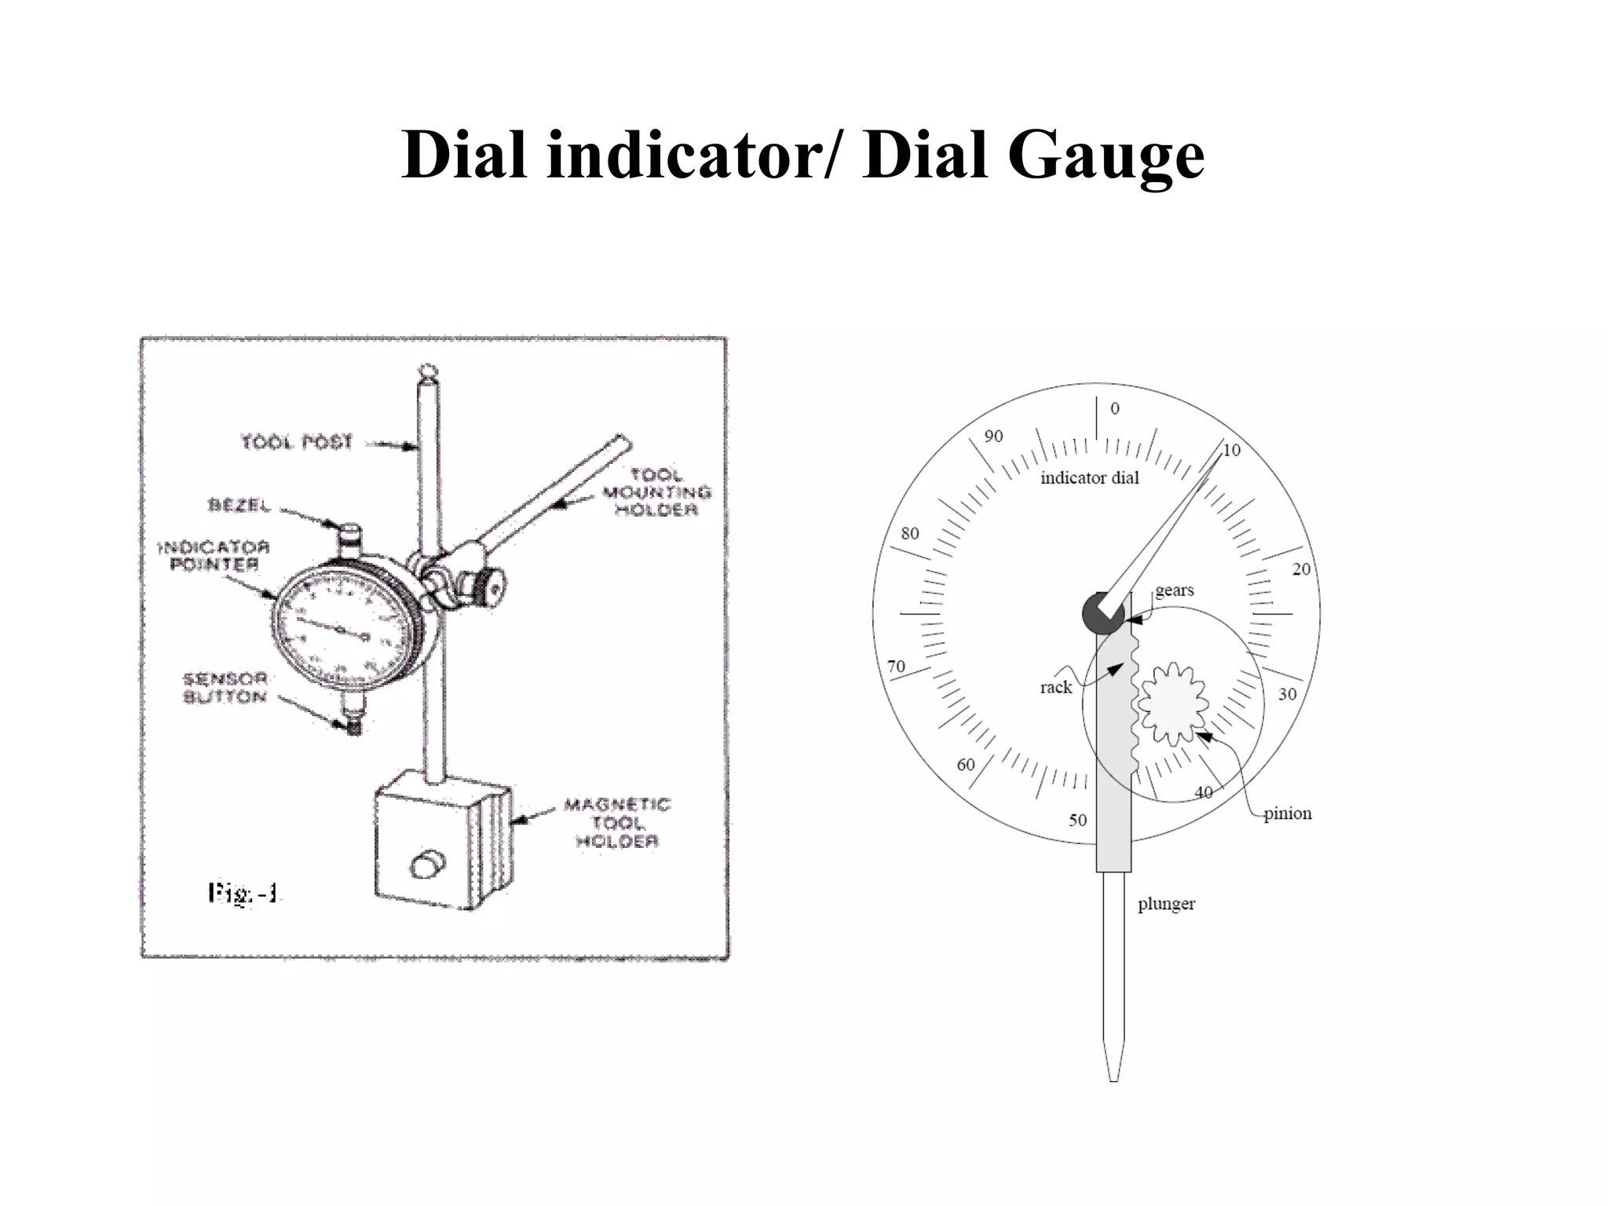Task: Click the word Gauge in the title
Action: (1105, 155)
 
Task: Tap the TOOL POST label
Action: (297, 443)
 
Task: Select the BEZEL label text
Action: (239, 506)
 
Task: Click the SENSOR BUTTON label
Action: (225, 688)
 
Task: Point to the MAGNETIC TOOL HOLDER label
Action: (617, 823)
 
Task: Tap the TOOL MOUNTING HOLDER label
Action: (656, 492)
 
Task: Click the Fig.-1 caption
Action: (243, 894)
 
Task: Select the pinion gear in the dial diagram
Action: (1173, 703)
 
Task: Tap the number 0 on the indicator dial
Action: (1114, 408)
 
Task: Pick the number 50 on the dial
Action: (1077, 820)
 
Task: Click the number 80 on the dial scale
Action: (909, 534)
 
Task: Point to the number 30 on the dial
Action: (1287, 694)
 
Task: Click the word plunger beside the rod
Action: (1166, 904)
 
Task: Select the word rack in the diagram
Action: (1055, 688)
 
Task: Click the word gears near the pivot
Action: (1174, 590)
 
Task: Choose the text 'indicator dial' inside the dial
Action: (1089, 478)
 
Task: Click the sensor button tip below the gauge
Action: (355, 727)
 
